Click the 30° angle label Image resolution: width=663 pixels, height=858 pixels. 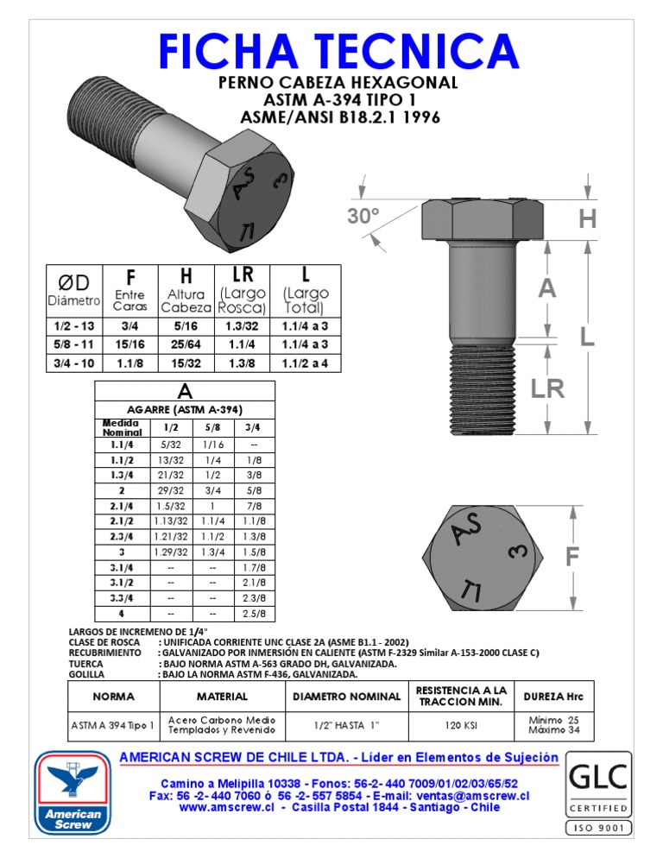coord(364,216)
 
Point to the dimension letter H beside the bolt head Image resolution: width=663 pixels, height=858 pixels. coord(587,220)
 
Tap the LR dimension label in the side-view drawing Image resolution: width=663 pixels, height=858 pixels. coord(547,388)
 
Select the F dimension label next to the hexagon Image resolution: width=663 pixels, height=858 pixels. coord(571,558)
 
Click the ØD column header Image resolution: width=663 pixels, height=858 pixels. coord(73,281)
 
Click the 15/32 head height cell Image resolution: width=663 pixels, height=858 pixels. coord(186,363)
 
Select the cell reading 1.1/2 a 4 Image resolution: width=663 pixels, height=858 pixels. coord(305,363)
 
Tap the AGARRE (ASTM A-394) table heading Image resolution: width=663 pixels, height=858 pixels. coord(184,409)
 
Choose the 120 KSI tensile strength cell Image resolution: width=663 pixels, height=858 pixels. coord(461,726)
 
